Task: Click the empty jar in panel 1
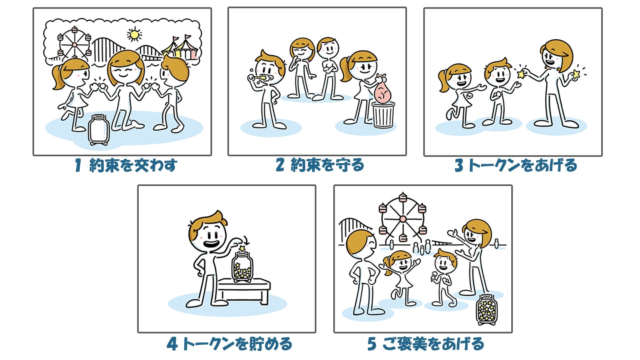tap(99, 130)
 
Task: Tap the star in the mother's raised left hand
tap(576, 74)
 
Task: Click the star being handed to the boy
tap(521, 74)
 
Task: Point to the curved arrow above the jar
tap(246, 240)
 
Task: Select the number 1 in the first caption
tap(78, 165)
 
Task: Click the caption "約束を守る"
tap(327, 165)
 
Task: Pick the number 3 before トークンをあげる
tap(459, 165)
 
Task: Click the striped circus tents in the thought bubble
tap(180, 48)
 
